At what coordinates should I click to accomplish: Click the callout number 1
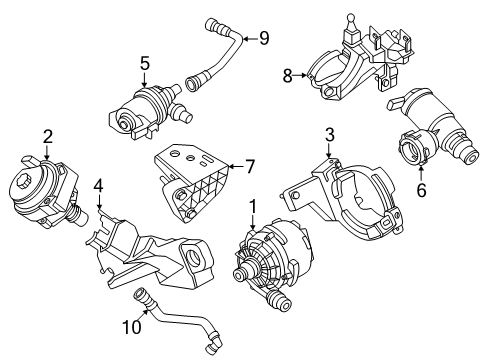coord(253,206)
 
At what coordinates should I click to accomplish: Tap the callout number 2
coord(46,136)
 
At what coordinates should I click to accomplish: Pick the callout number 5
coord(144,64)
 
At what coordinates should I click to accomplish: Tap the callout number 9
coord(264,39)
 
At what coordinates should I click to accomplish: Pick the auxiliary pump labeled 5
coord(141,109)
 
